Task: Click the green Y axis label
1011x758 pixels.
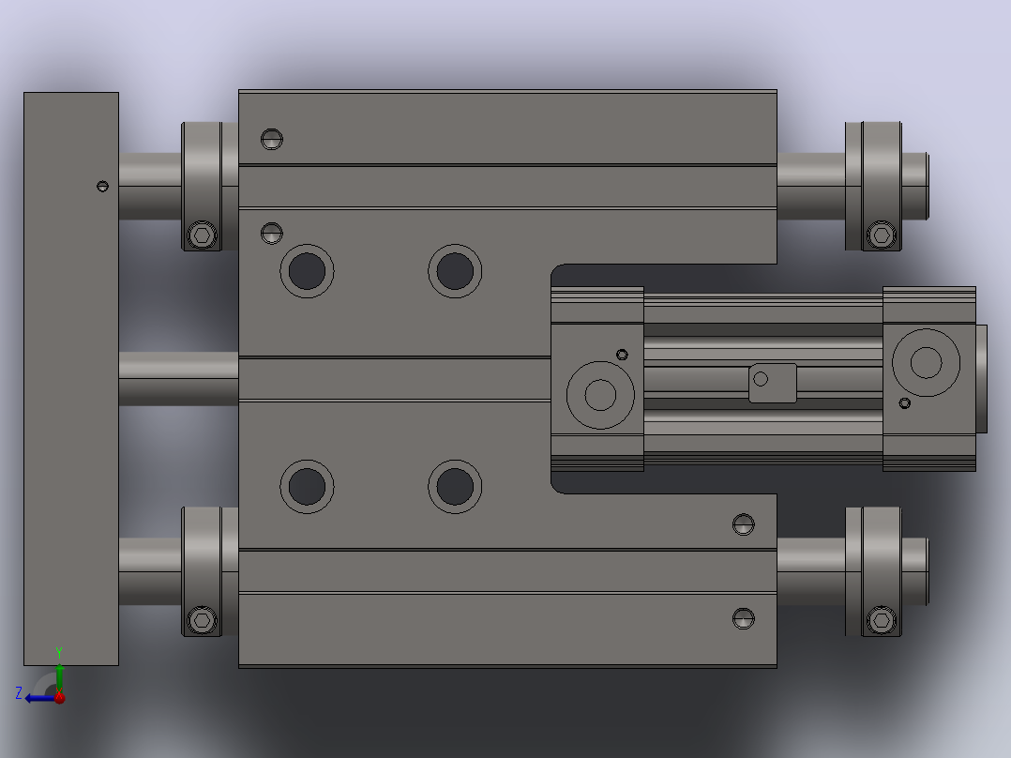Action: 59,652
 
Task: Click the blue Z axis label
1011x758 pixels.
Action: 19,693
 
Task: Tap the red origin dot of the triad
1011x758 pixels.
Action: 59,697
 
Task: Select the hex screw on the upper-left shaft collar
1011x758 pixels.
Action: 202,235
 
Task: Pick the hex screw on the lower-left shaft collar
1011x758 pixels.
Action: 202,621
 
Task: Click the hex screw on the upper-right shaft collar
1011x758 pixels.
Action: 882,235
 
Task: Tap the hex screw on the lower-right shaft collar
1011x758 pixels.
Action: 882,621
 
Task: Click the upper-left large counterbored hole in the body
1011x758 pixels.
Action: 307,271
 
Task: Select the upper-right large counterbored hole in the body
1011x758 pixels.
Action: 455,271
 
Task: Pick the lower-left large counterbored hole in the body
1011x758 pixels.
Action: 307,486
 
